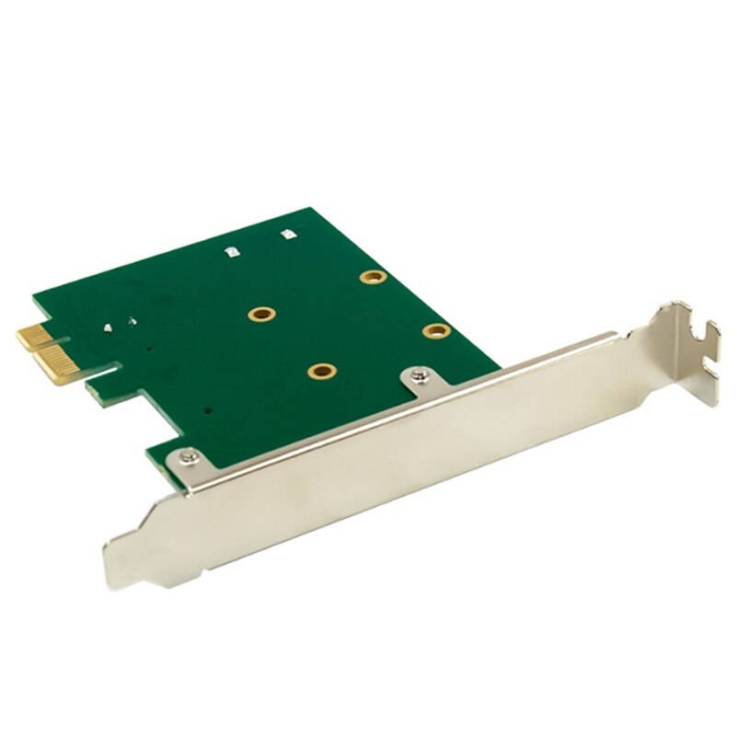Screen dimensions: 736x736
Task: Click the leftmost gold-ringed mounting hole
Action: click(x=261, y=315)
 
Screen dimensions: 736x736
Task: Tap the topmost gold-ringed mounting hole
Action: click(x=372, y=277)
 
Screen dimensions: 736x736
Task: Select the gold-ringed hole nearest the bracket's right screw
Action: click(x=433, y=329)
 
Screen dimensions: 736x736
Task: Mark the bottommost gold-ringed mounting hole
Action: click(x=321, y=371)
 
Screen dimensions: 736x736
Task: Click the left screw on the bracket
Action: click(x=189, y=454)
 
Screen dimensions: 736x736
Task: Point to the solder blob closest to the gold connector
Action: click(x=110, y=327)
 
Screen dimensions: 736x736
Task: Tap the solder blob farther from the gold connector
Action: click(x=132, y=322)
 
